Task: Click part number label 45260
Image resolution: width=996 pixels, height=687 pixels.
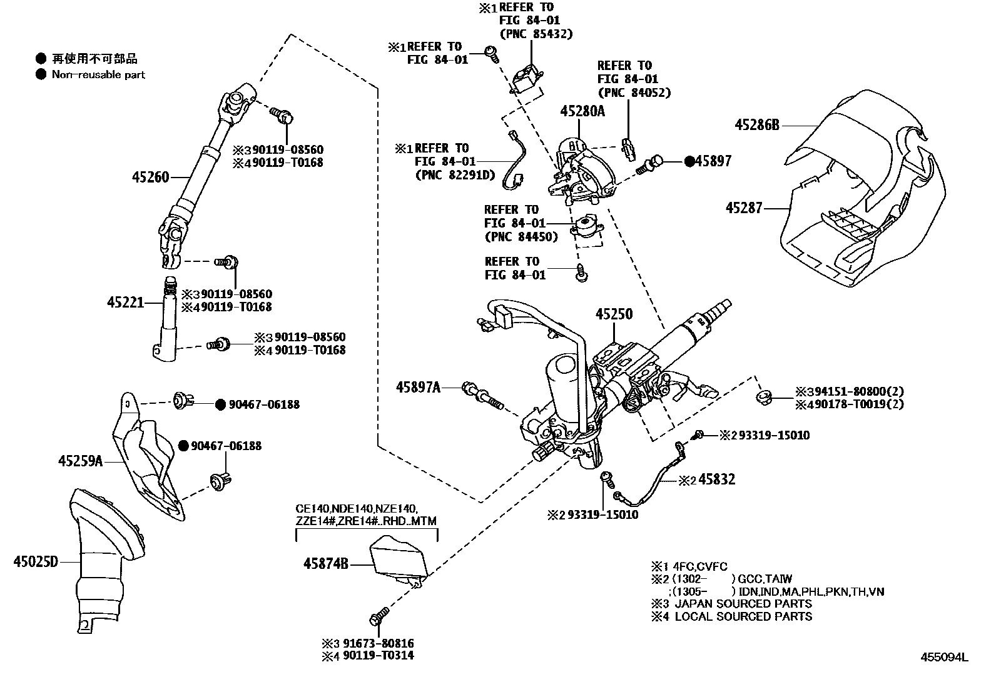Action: (x=150, y=177)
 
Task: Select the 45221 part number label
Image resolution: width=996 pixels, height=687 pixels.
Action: (x=125, y=303)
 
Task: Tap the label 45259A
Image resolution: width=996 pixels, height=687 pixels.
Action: (x=80, y=461)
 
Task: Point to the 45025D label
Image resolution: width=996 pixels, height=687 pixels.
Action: (x=35, y=561)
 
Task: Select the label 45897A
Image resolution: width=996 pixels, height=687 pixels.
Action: (x=417, y=388)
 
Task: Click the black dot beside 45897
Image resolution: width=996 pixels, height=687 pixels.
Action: (x=689, y=161)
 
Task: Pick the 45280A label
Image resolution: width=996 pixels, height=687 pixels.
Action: (x=582, y=111)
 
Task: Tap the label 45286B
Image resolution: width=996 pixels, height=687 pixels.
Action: (x=756, y=125)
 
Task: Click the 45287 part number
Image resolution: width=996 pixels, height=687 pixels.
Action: (x=744, y=208)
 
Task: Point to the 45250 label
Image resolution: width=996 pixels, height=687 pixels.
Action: (x=614, y=314)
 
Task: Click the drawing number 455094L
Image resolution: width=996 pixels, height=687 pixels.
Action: (x=944, y=657)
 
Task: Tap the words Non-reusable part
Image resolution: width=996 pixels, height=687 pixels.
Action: (x=98, y=75)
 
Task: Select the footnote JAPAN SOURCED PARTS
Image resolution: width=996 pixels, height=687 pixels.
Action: (x=743, y=604)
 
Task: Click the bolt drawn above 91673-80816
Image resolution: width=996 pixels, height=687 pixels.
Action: (x=378, y=616)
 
